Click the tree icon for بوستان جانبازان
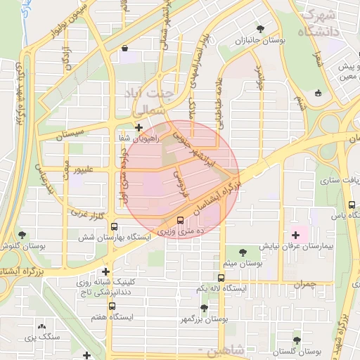click(x=261, y=30)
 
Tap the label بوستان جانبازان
click(x=262, y=41)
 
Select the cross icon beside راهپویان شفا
click(x=139, y=128)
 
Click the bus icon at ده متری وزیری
click(x=181, y=219)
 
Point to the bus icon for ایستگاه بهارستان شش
click(x=114, y=226)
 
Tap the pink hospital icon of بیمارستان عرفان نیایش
click(x=295, y=234)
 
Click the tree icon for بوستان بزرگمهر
click(x=204, y=307)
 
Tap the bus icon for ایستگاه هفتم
click(x=111, y=307)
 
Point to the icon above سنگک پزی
click(x=43, y=327)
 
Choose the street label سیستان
click(x=70, y=131)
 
